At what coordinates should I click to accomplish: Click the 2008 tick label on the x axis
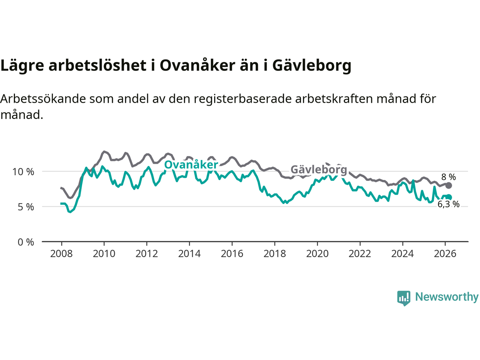[x=61, y=254]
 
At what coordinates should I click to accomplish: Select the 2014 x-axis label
[x=189, y=254]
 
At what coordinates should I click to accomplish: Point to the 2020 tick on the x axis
[x=317, y=254]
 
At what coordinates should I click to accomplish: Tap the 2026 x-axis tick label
[x=445, y=254]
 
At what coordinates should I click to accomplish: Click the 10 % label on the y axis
[x=23, y=172]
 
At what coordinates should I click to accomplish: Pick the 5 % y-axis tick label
[x=26, y=207]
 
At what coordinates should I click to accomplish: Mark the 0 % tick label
[x=26, y=242]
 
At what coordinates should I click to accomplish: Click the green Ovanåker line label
[x=191, y=165]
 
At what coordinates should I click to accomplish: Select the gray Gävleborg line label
[x=319, y=169]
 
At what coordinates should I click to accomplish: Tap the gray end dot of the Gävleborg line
[x=448, y=185]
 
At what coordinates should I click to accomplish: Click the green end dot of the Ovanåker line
[x=449, y=197]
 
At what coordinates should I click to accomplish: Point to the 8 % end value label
[x=448, y=177]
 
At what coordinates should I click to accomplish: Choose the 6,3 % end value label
[x=448, y=204]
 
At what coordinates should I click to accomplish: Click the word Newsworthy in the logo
[x=447, y=297]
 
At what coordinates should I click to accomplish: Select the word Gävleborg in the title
[x=312, y=66]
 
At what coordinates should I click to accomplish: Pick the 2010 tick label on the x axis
[x=104, y=254]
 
